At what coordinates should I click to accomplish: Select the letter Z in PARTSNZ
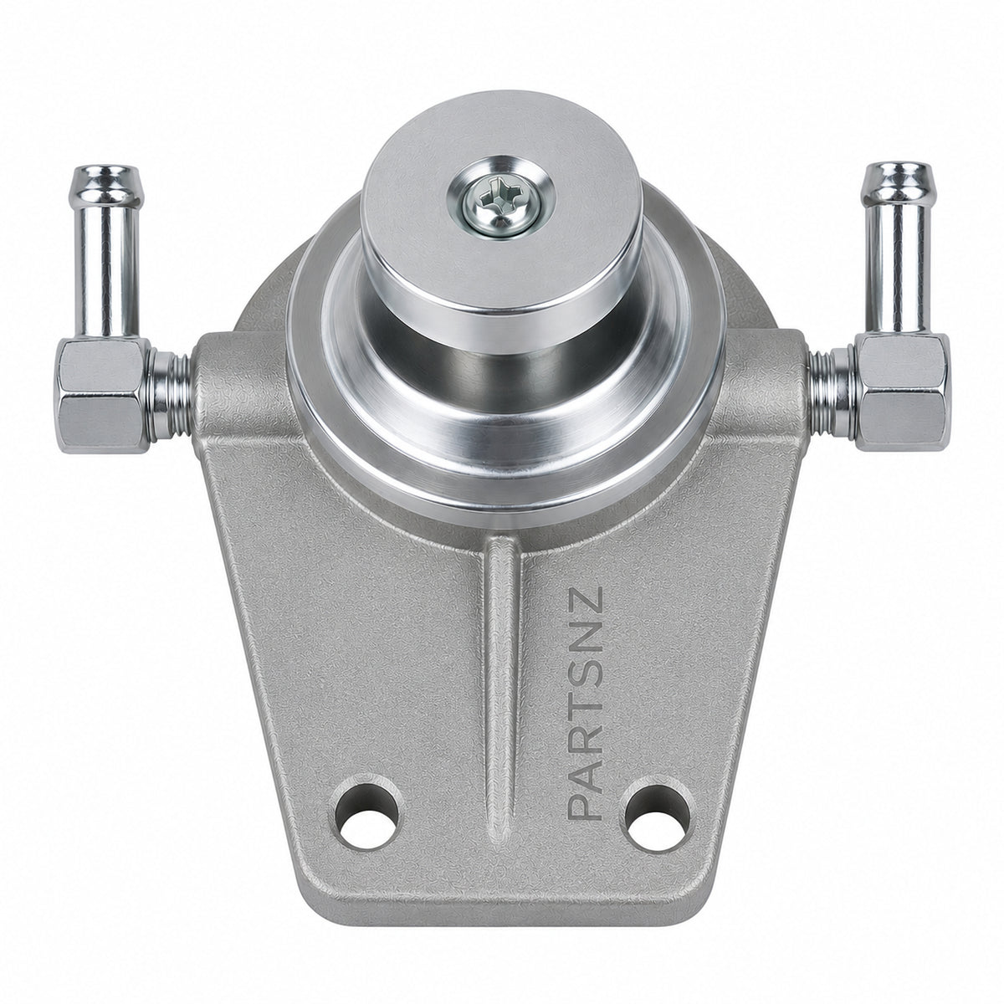(586, 600)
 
